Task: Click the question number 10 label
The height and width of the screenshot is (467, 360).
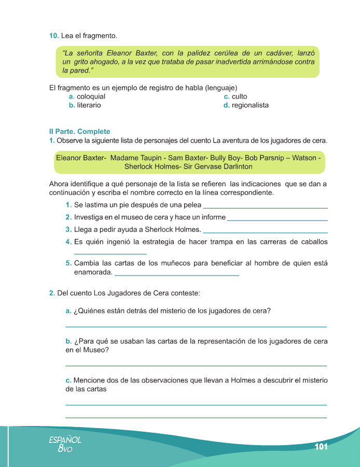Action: [53, 35]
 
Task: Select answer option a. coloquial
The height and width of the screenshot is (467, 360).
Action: [87, 97]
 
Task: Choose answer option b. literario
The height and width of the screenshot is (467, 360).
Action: [85, 105]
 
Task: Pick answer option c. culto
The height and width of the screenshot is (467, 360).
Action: [236, 97]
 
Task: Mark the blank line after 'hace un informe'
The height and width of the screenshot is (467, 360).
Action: [278, 219]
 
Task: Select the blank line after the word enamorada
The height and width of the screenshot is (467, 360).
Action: [176, 274]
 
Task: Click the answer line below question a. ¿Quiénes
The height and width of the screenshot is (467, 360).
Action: [196, 326]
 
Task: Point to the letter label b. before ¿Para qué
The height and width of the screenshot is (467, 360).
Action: [68, 341]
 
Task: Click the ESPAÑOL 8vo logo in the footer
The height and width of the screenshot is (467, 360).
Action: [65, 444]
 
